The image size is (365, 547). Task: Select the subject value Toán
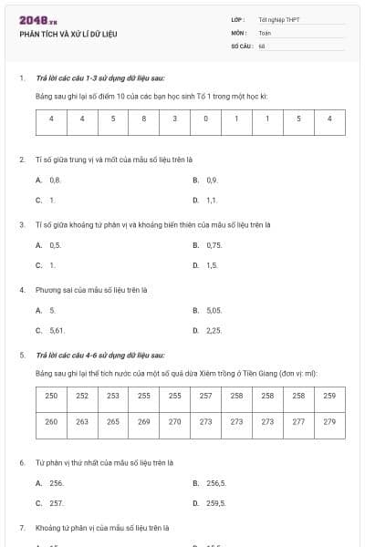(x=265, y=31)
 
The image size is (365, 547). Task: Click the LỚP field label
(x=238, y=18)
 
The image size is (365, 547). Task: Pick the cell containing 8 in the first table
(x=143, y=119)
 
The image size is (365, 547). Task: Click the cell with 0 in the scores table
(x=205, y=119)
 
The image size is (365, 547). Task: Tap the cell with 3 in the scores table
(x=174, y=119)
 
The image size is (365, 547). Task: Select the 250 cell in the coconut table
(x=51, y=396)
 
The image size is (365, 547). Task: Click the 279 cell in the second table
(x=329, y=422)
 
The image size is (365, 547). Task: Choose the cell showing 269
(x=143, y=422)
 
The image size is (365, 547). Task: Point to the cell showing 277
(x=298, y=422)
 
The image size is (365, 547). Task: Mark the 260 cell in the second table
(x=51, y=422)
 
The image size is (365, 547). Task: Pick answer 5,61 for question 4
(x=57, y=330)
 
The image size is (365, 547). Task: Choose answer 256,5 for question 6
(x=216, y=483)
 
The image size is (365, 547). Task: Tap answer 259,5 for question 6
(x=216, y=502)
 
